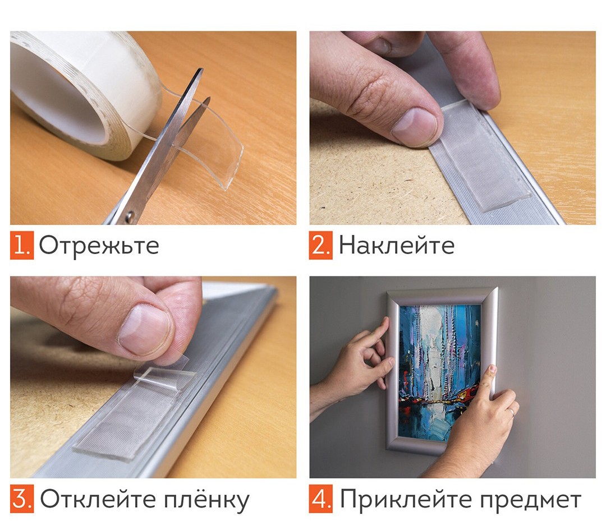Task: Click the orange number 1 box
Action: pyautogui.click(x=22, y=245)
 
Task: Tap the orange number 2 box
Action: pyautogui.click(x=321, y=245)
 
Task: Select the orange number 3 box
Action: pyautogui.click(x=22, y=499)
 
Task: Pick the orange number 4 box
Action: pyautogui.click(x=321, y=499)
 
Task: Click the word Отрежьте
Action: pyautogui.click(x=99, y=246)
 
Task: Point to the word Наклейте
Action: pyautogui.click(x=397, y=245)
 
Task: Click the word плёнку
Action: pyautogui.click(x=207, y=500)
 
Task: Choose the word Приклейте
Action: pyautogui.click(x=407, y=499)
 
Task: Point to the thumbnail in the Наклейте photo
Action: pyautogui.click(x=415, y=126)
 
